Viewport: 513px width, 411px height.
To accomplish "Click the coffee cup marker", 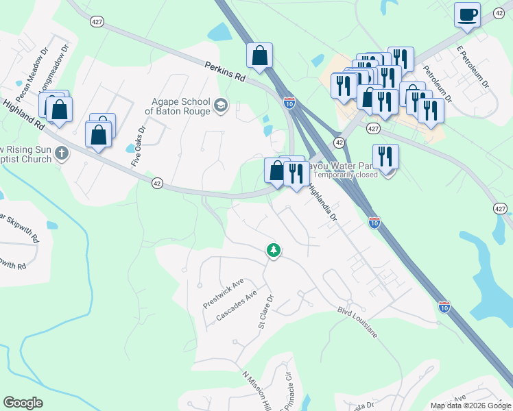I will click(x=467, y=15).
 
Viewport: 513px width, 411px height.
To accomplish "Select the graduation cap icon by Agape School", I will click(x=221, y=105).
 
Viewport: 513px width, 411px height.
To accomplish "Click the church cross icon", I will click(x=62, y=152).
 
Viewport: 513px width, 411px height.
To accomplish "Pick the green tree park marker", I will click(x=274, y=251).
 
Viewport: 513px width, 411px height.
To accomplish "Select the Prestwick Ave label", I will click(x=224, y=294).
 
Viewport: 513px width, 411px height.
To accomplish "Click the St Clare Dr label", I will click(x=265, y=312).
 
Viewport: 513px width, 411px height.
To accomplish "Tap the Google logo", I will click(x=23, y=402).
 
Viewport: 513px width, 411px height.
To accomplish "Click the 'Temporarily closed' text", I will click(x=346, y=175).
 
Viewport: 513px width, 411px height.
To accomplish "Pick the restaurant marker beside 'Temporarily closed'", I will click(x=386, y=157).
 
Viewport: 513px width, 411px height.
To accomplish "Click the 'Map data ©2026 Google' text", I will click(x=470, y=406).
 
